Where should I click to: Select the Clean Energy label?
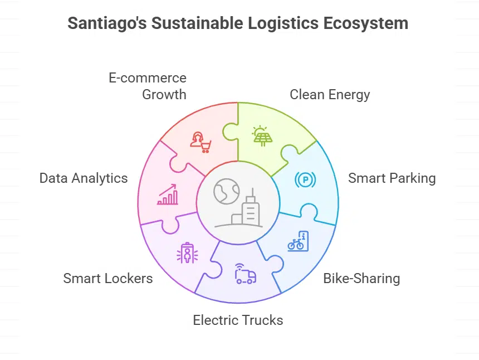click(x=330, y=94)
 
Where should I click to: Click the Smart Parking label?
click(x=392, y=178)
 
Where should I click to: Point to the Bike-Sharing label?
click(x=361, y=278)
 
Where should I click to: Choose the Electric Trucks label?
click(x=238, y=320)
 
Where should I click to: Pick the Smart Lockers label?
click(x=107, y=278)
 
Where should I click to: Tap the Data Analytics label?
click(x=84, y=178)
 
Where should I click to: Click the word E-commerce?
click(x=147, y=77)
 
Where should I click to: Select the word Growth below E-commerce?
click(x=164, y=94)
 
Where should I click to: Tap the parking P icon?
click(x=305, y=179)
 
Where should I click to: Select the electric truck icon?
click(x=245, y=274)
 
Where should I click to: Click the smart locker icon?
click(x=187, y=254)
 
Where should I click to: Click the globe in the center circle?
click(x=226, y=191)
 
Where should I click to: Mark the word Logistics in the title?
click(x=263, y=24)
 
